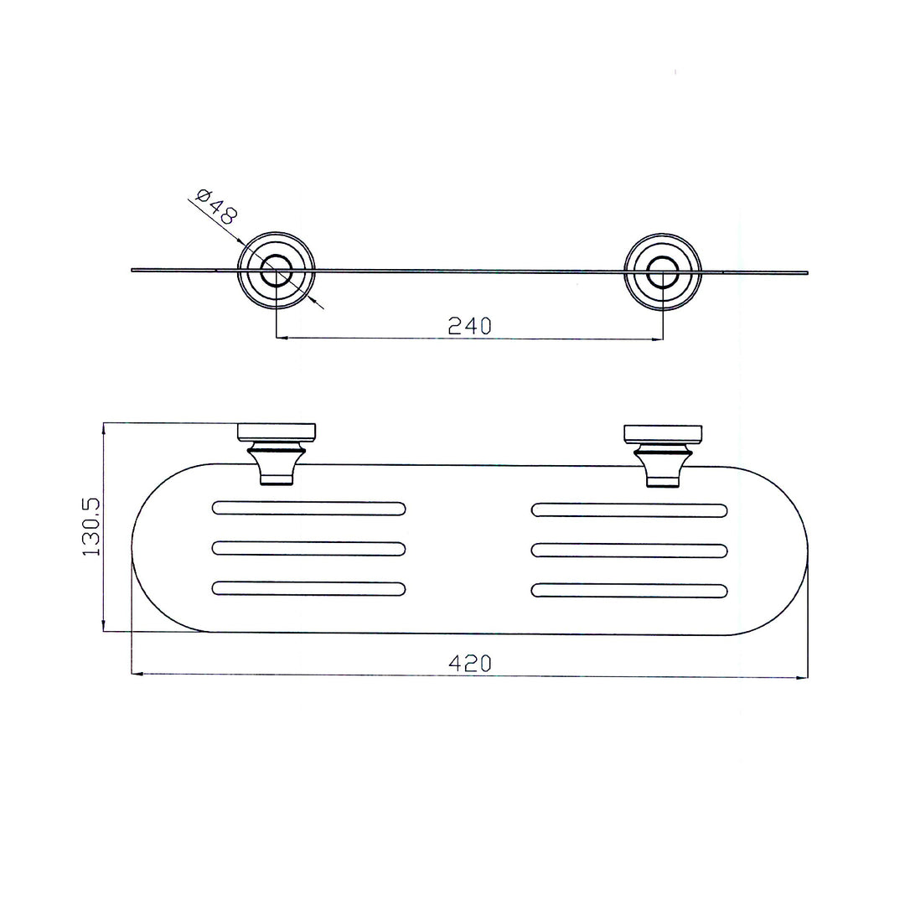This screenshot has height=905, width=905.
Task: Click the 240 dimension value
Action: click(469, 326)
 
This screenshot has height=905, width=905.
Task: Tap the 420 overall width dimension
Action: click(470, 663)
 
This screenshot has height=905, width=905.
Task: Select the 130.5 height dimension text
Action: click(91, 526)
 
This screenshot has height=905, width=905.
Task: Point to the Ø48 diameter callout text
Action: click(216, 207)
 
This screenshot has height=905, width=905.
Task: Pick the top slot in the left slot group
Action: click(308, 509)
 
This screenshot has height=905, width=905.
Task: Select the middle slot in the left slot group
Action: click(308, 548)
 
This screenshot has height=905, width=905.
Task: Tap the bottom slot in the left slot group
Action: click(308, 588)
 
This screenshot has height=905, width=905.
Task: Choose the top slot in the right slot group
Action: click(629, 510)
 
